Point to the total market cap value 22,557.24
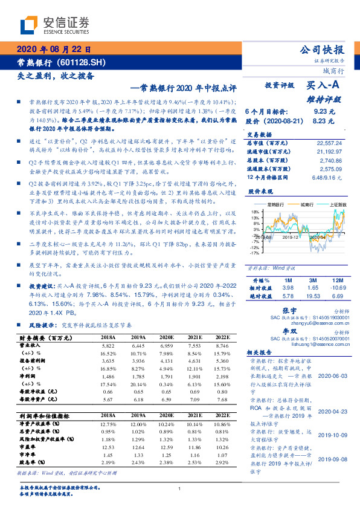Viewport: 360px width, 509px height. point(329,143)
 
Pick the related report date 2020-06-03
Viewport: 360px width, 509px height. point(332,375)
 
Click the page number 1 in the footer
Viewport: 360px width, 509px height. point(180,488)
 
